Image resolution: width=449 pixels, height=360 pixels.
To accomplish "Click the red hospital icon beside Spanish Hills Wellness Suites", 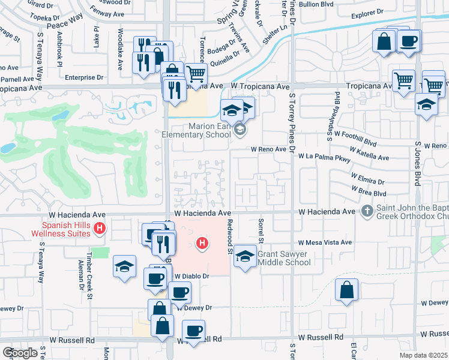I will (x=100, y=229).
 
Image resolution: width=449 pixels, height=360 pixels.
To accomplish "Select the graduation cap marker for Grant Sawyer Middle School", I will (x=244, y=256).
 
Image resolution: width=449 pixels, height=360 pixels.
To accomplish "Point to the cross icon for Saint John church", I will (x=367, y=211).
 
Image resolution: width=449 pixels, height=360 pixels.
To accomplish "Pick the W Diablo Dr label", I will (x=191, y=276).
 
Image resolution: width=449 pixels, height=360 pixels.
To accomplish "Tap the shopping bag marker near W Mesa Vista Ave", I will (x=346, y=290).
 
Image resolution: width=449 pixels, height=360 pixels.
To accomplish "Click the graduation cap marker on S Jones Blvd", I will (x=426, y=104).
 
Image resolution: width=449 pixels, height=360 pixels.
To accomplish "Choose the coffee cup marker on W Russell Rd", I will (x=193, y=331).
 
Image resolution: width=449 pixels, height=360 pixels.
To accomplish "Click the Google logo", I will (x=20, y=353).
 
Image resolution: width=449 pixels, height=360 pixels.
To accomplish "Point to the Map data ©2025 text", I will (x=423, y=355).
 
